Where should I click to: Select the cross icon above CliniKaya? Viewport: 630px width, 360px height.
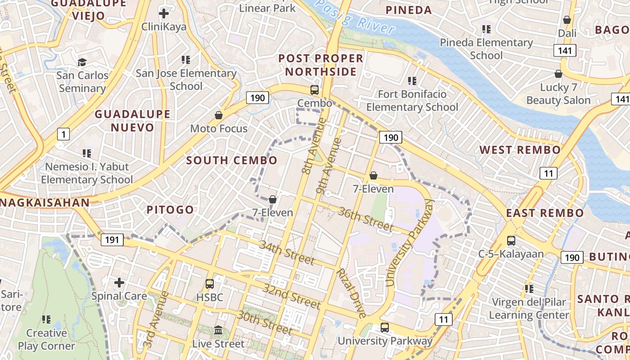tap(164, 13)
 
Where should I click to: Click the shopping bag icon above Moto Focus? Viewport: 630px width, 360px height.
tap(219, 115)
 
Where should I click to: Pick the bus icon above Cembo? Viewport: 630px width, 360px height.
tap(315, 90)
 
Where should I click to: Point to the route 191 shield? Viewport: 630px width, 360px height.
tap(112, 239)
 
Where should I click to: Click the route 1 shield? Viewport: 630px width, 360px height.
tap(63, 134)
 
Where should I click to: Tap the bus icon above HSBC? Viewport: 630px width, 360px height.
tap(210, 284)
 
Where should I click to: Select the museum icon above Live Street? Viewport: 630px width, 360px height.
tap(218, 330)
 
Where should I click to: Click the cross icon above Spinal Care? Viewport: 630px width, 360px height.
tap(119, 283)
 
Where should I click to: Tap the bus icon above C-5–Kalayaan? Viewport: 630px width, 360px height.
tap(511, 240)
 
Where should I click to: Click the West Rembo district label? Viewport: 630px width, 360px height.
tap(520, 150)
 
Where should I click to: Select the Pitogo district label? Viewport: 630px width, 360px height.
tap(170, 210)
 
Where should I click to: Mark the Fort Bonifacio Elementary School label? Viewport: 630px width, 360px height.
tap(412, 101)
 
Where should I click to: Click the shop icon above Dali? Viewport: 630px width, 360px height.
tap(567, 20)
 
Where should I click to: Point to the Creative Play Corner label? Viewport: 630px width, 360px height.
tap(46, 339)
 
